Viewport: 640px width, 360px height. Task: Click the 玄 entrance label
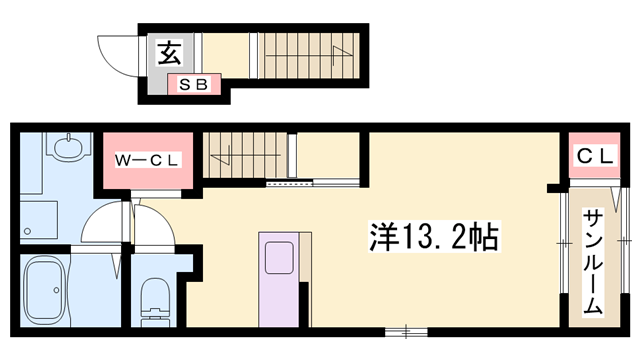pos(169,53)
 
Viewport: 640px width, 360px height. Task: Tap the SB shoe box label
pos(194,84)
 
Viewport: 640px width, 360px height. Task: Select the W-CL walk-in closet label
pos(147,160)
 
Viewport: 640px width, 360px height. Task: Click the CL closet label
pos(595,156)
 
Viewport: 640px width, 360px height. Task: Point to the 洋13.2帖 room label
pos(434,237)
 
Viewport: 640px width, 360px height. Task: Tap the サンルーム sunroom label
pos(593,262)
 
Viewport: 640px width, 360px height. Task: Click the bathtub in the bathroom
pos(45,291)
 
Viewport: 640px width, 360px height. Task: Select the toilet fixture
pos(156,302)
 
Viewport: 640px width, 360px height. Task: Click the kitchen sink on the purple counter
pos(279,258)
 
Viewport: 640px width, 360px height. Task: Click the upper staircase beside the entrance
pos(309,56)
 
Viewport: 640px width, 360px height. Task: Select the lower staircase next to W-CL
pos(245,155)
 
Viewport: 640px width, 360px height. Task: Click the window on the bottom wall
pos(406,331)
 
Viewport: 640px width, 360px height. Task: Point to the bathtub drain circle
pos(56,290)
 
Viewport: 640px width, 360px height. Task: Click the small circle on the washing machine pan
pos(27,231)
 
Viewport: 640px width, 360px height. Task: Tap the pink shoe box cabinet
pos(194,84)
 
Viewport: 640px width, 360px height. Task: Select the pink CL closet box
pos(595,155)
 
